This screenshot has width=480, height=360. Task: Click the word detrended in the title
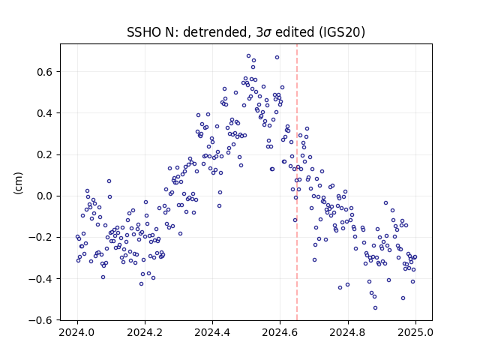[x=214, y=32]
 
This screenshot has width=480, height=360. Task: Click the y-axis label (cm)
[x=18, y=183]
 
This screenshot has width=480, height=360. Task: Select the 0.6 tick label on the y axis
[x=45, y=72]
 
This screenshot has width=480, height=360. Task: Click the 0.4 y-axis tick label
[x=45, y=113]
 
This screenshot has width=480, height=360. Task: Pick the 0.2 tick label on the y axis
[x=45, y=154]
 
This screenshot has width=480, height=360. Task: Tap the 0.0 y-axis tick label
[x=45, y=196]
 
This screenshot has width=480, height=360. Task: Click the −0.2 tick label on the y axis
[x=40, y=238]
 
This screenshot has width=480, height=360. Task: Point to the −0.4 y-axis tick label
[x=40, y=279]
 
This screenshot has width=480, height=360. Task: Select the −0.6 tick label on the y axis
[x=40, y=320]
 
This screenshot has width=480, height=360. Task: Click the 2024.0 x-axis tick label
[x=76, y=332]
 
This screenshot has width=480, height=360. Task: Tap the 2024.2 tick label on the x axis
[x=145, y=332]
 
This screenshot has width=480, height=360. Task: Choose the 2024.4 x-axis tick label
[x=212, y=332]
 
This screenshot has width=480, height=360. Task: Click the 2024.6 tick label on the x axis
[x=280, y=332]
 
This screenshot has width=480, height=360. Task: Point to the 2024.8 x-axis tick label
[x=347, y=332]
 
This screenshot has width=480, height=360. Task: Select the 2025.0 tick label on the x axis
[x=415, y=332]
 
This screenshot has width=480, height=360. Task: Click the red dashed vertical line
[x=297, y=182]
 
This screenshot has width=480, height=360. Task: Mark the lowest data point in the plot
[x=375, y=307]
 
